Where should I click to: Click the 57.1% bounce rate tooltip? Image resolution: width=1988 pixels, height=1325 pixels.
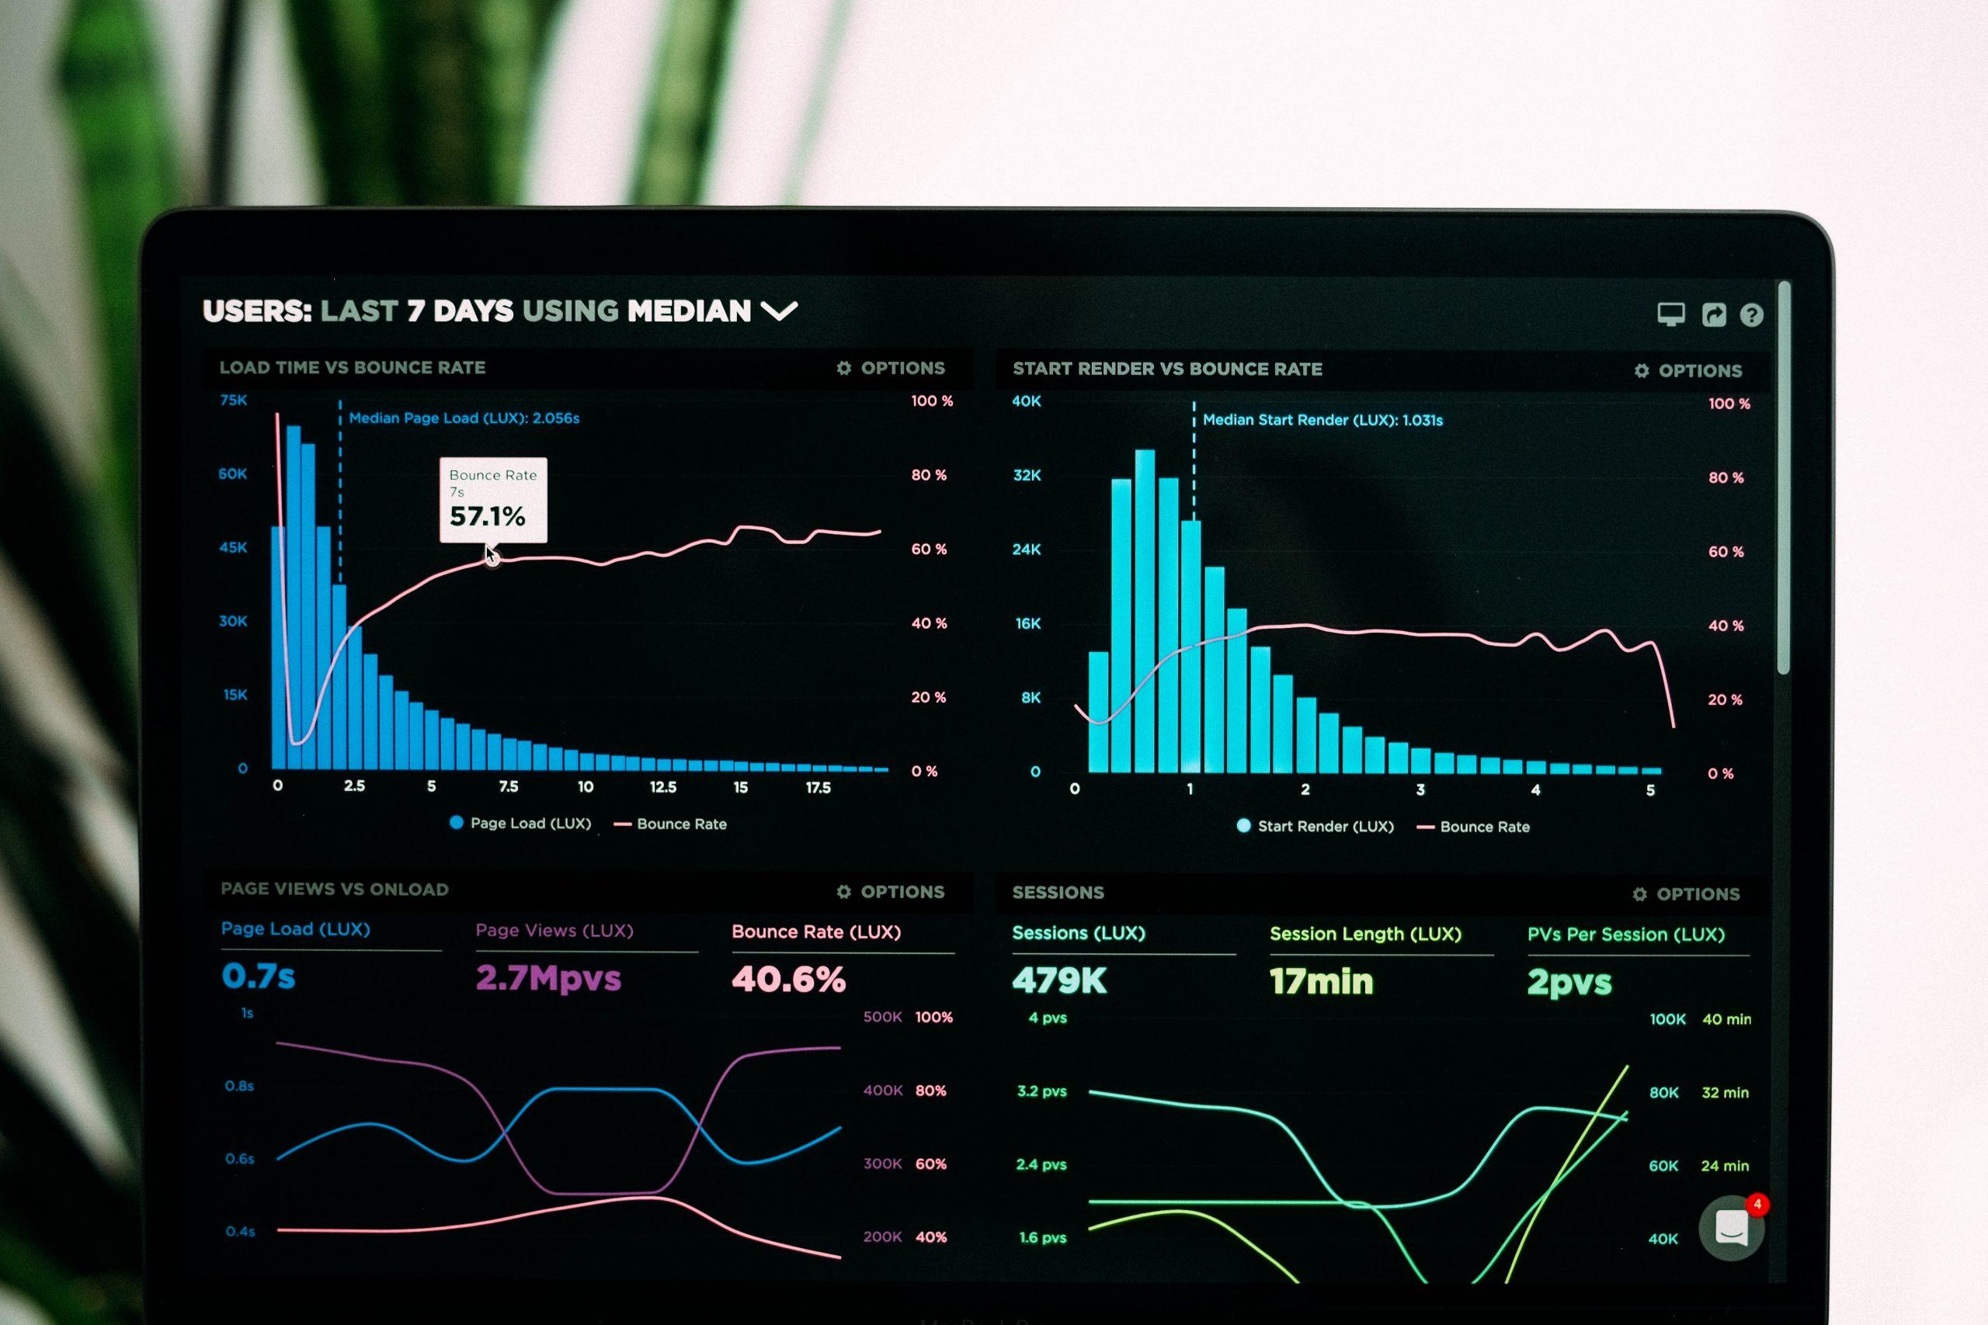pos(493,499)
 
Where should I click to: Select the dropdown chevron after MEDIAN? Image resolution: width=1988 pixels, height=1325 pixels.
pos(778,312)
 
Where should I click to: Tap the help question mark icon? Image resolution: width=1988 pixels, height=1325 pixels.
pos(1751,315)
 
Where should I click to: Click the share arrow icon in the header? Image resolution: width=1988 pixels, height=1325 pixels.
pos(1713,314)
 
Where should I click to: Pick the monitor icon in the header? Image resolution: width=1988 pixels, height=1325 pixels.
pos(1670,314)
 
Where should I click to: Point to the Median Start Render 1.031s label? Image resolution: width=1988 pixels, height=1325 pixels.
pos(1322,420)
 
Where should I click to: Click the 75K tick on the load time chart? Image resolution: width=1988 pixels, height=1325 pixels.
pos(233,401)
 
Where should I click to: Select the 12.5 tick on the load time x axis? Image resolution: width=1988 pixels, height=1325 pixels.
pos(662,788)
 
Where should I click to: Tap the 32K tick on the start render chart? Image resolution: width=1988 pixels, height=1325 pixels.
pos(1027,476)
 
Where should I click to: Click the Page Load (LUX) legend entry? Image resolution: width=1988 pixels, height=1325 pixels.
pos(520,823)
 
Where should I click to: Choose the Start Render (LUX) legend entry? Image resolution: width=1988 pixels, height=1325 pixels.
pos(1315,827)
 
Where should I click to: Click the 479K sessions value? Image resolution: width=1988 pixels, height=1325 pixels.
pos(1059,981)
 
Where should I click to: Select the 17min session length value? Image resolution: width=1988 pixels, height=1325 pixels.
pos(1321,982)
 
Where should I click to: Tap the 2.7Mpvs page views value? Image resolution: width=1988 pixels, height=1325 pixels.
pos(547,979)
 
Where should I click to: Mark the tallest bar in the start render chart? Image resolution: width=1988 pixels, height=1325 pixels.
pos(1145,610)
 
